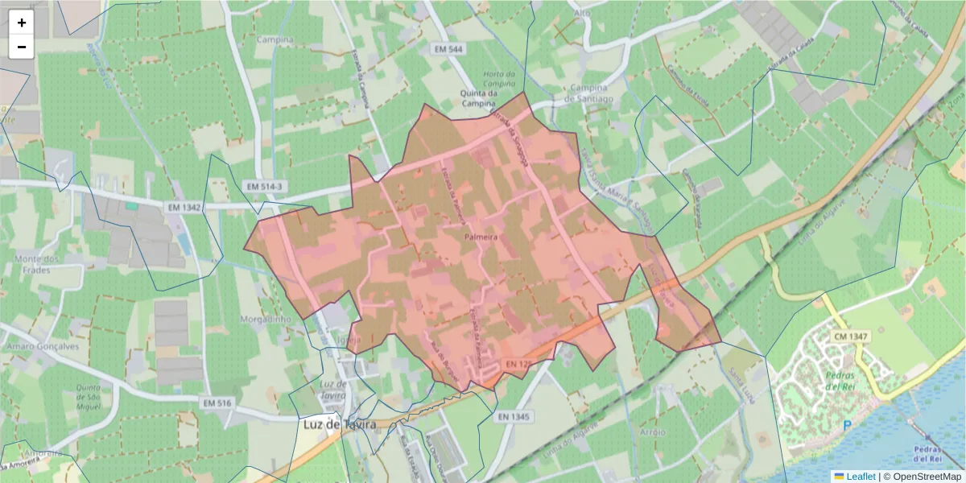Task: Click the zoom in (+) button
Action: click(x=22, y=23)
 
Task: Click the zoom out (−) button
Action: click(x=22, y=47)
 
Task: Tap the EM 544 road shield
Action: click(x=448, y=49)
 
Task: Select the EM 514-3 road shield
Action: click(x=264, y=187)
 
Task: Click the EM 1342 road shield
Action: click(x=184, y=208)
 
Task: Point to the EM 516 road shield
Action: click(x=217, y=402)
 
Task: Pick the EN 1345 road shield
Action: click(x=514, y=417)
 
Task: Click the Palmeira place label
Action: click(x=481, y=238)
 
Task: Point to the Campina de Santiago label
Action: click(x=591, y=93)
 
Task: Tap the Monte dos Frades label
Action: click(x=37, y=264)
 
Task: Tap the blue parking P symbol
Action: click(x=846, y=425)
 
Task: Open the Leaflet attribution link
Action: click(x=860, y=477)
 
